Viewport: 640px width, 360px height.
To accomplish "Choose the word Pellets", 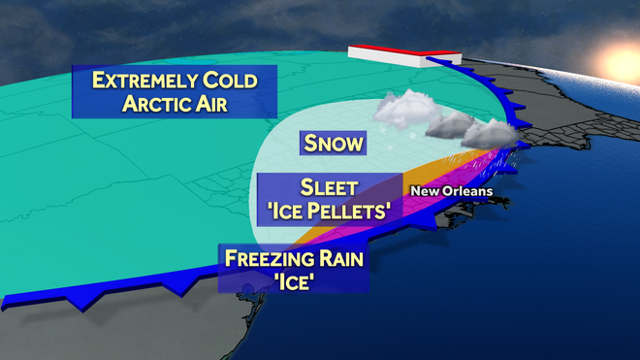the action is [352, 208].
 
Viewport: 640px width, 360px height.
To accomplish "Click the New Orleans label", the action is [451, 191].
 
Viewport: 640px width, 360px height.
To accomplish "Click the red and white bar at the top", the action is [388, 54].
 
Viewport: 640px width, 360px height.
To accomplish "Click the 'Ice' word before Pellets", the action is [288, 208].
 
